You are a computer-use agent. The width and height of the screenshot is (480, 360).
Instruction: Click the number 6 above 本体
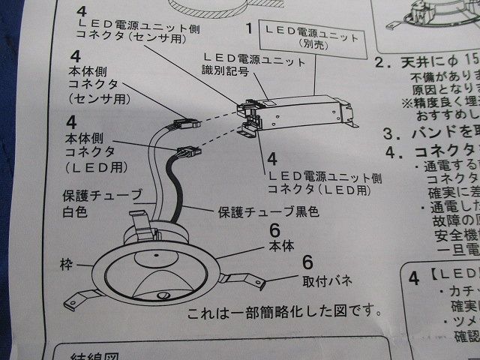(x=274, y=230)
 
